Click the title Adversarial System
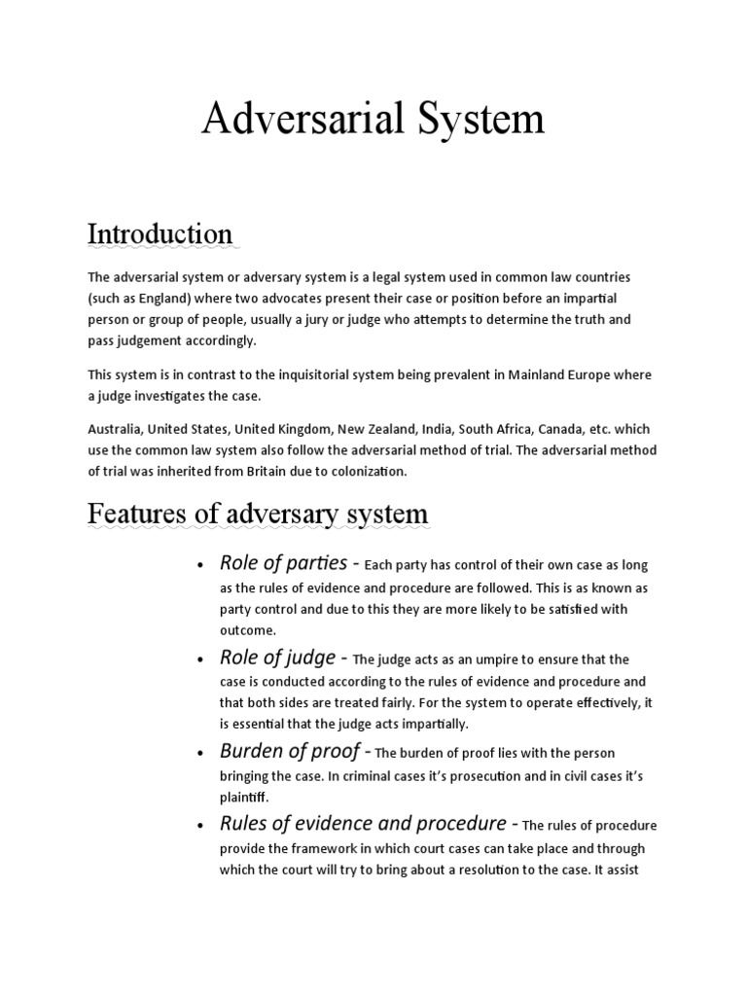pos(373,120)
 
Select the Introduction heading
pos(160,234)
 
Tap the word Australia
pos(114,429)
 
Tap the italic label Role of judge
pos(276,658)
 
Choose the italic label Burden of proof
pos(288,752)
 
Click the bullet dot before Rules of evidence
pos(198,826)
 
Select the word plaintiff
pos(243,797)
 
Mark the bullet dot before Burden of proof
pos(198,754)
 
